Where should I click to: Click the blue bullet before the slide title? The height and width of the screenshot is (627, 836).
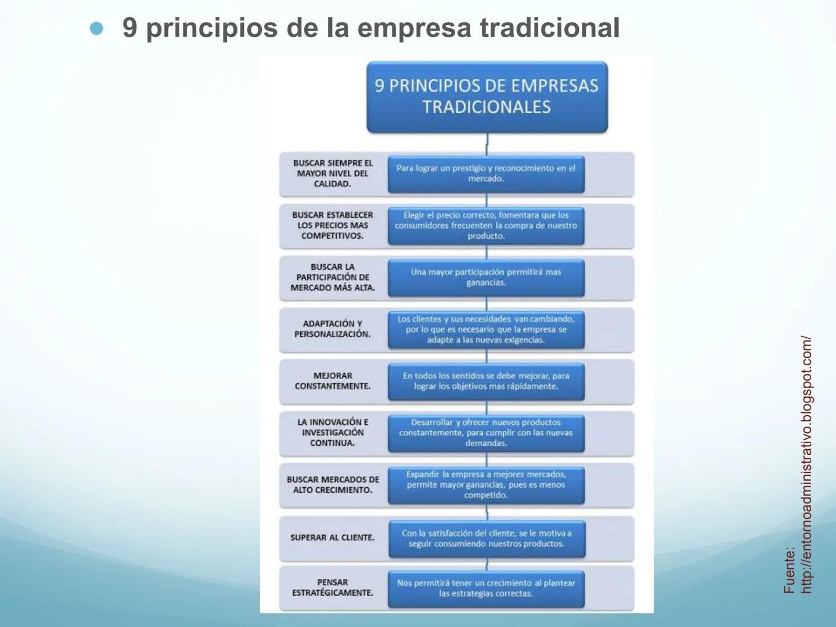click(97, 28)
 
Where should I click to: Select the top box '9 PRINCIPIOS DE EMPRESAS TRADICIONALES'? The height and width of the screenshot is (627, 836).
click(487, 97)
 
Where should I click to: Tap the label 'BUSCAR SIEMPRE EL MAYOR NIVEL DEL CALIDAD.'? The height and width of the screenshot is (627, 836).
click(332, 174)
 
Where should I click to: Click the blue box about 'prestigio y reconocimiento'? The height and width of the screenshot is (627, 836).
click(486, 174)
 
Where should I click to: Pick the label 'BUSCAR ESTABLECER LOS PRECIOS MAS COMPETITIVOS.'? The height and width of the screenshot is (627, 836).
click(332, 225)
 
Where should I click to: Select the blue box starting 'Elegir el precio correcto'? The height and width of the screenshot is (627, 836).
click(486, 225)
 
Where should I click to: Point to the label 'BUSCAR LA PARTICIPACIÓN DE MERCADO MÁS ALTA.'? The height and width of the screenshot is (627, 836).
click(332, 278)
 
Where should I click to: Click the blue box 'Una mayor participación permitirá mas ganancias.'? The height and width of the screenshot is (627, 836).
click(486, 278)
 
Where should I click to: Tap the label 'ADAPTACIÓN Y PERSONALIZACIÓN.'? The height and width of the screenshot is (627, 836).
click(332, 329)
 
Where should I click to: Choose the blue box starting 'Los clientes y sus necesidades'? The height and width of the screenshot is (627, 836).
click(486, 329)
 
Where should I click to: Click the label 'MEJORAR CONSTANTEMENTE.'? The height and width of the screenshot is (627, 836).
click(332, 381)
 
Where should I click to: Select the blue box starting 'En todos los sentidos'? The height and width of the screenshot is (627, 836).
click(486, 381)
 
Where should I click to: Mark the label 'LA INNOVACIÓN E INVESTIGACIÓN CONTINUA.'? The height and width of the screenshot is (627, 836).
click(332, 433)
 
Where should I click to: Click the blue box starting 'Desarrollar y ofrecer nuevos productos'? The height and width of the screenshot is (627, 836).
click(486, 433)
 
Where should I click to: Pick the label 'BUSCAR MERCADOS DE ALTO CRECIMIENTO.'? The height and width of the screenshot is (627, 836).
click(332, 485)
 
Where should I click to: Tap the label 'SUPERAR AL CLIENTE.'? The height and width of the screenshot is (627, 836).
click(332, 538)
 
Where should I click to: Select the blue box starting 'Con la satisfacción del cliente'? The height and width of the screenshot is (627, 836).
click(487, 539)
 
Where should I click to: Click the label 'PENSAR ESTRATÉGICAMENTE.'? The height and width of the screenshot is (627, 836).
click(332, 588)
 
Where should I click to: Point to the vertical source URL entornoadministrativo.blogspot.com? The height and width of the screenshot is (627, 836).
click(806, 464)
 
